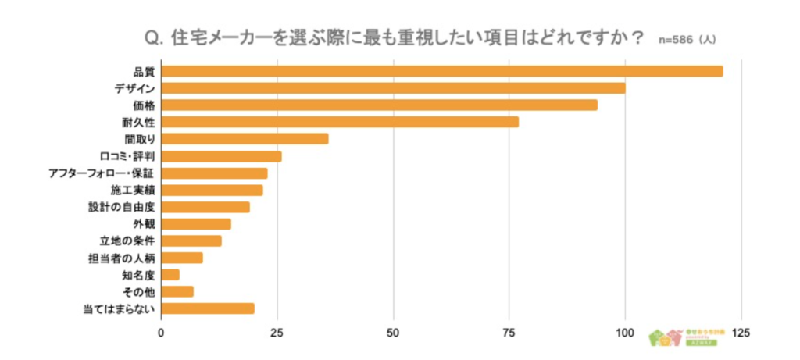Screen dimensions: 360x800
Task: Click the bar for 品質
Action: tap(442, 72)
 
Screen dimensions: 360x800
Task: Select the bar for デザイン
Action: tap(393, 88)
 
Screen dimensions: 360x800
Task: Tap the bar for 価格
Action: tap(379, 105)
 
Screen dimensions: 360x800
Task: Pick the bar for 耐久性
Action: tap(340, 122)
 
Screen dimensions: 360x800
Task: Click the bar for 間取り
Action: tap(245, 139)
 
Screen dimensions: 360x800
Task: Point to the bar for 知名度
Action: tap(170, 274)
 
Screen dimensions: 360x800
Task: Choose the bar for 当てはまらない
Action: tap(208, 308)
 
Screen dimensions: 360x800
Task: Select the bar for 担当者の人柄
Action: tap(182, 258)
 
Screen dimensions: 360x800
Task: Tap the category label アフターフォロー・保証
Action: tap(101, 173)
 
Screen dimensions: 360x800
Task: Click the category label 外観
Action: tap(143, 224)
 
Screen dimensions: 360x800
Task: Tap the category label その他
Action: tap(138, 291)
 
